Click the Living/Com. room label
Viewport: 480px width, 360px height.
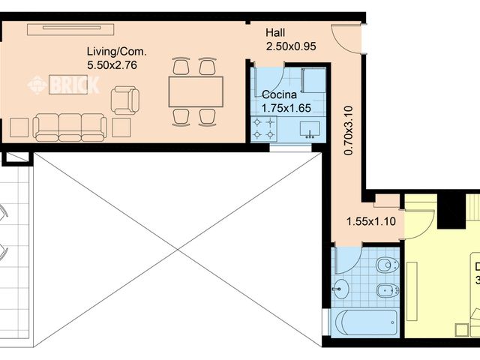[116, 52]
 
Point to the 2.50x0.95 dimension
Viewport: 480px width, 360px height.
[291, 46]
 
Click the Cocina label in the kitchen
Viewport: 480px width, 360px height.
[278, 95]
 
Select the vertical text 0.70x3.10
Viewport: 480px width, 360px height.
[348, 130]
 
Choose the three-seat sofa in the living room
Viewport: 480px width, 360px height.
[70, 127]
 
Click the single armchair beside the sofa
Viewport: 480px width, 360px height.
[124, 100]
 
